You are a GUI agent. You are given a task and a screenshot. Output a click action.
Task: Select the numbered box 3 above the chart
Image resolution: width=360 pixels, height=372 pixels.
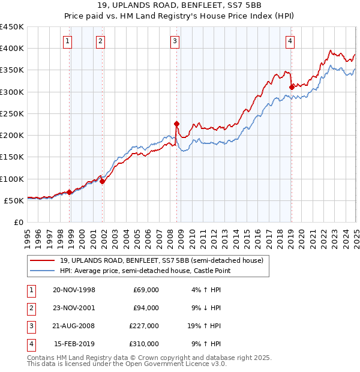[x=174, y=41]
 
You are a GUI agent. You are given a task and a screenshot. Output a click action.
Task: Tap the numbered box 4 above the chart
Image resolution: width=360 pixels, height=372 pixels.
[x=290, y=41]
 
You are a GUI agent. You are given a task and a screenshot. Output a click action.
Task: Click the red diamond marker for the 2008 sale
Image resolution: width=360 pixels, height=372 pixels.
[x=177, y=124]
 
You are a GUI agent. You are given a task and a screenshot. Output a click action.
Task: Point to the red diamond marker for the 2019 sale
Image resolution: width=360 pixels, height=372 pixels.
[x=292, y=87]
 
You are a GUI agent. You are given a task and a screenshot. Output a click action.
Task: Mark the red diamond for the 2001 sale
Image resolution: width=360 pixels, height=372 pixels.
[x=103, y=181]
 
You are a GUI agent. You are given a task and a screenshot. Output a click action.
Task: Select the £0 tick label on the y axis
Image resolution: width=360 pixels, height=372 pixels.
[x=19, y=222]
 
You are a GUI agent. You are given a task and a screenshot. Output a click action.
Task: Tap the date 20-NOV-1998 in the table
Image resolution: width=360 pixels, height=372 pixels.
[x=74, y=290]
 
